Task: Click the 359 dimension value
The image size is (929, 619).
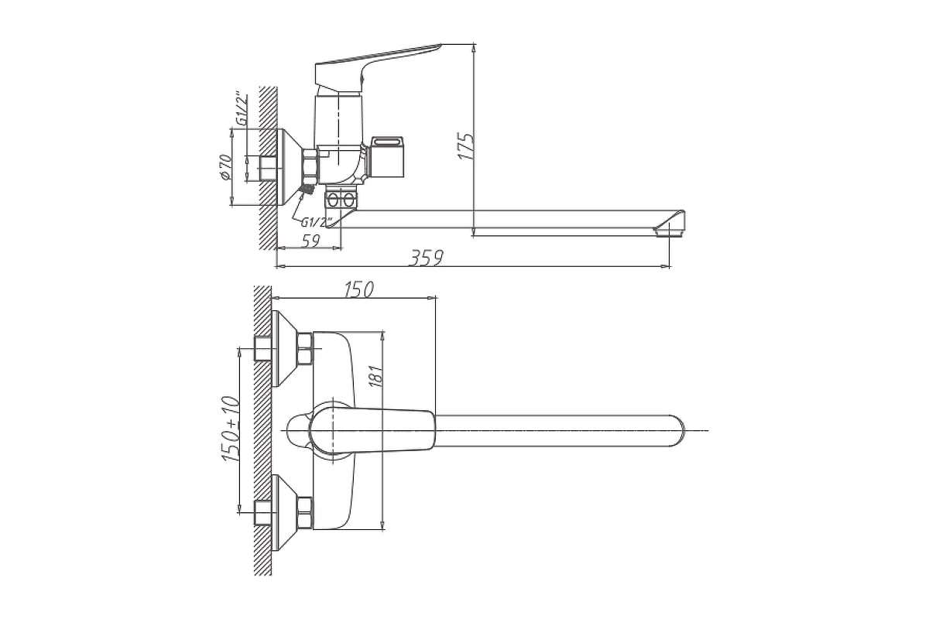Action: pos(427,258)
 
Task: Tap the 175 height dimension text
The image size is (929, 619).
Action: pos(465,146)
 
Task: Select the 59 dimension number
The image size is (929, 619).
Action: pos(310,241)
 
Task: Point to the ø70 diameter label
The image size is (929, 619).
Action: pos(225,167)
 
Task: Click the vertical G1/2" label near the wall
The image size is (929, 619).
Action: pos(242,108)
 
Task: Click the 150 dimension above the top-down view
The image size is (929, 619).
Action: pos(358,289)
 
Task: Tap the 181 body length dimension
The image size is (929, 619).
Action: pos(375,376)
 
